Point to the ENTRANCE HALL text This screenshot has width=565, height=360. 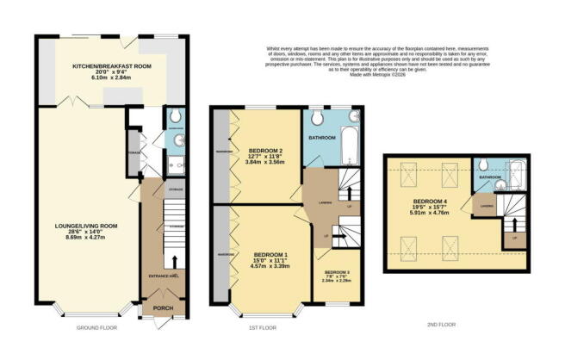162,276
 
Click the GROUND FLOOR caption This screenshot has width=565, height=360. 97,328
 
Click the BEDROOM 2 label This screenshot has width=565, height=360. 266,147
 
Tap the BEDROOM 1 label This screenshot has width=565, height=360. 271,256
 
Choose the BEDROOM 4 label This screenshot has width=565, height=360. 432,202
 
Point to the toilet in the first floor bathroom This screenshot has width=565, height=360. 318,118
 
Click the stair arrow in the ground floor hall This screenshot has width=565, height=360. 177,259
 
